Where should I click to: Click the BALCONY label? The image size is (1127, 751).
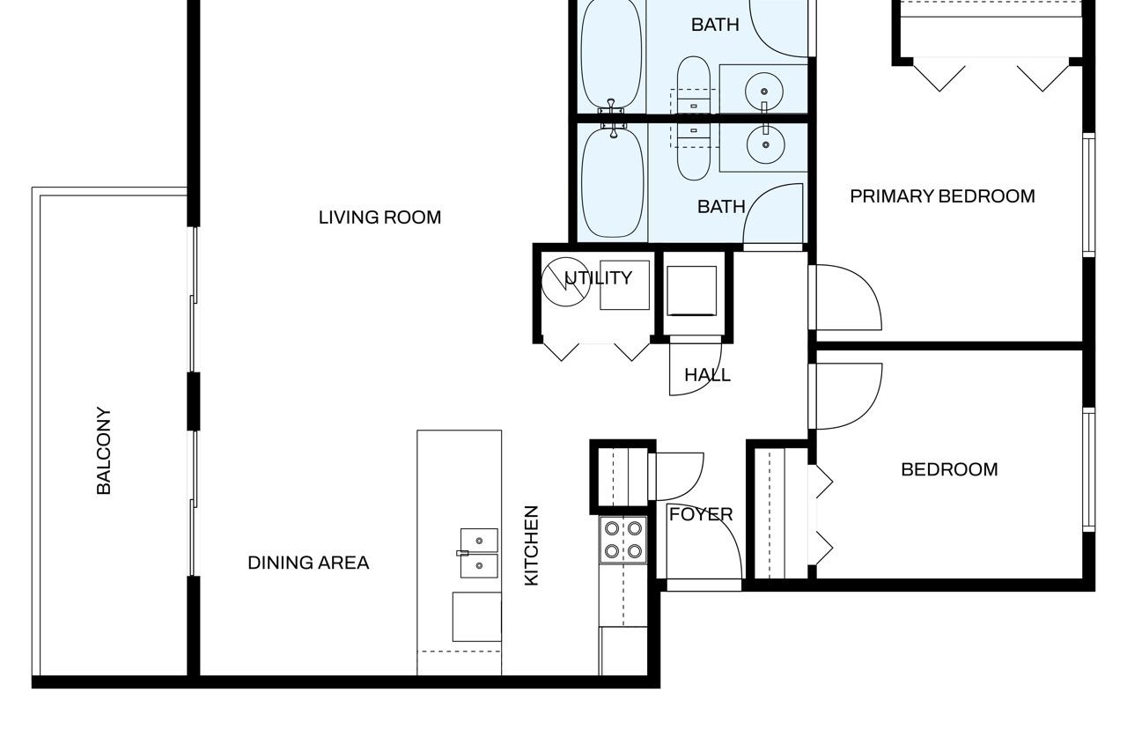103,451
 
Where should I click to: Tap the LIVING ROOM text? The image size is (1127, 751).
379,217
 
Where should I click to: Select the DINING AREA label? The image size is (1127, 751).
308,563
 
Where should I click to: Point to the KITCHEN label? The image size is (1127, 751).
531,546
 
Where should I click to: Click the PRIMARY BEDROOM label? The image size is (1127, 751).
942,196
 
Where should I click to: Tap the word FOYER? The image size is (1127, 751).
701,514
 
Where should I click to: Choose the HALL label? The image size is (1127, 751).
707,375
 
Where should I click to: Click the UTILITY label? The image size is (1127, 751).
598,277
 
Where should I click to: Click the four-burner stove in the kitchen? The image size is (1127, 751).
622,541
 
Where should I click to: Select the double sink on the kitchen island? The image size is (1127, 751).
479,553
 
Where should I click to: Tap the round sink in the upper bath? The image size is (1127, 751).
764,92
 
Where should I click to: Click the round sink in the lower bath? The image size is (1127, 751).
765,145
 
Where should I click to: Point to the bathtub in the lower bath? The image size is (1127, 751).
612,183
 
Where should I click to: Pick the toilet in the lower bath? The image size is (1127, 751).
694,152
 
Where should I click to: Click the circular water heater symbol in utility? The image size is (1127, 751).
565,282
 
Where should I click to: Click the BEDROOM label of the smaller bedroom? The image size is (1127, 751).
949,470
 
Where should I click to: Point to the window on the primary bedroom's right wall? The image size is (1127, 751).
1088,195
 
